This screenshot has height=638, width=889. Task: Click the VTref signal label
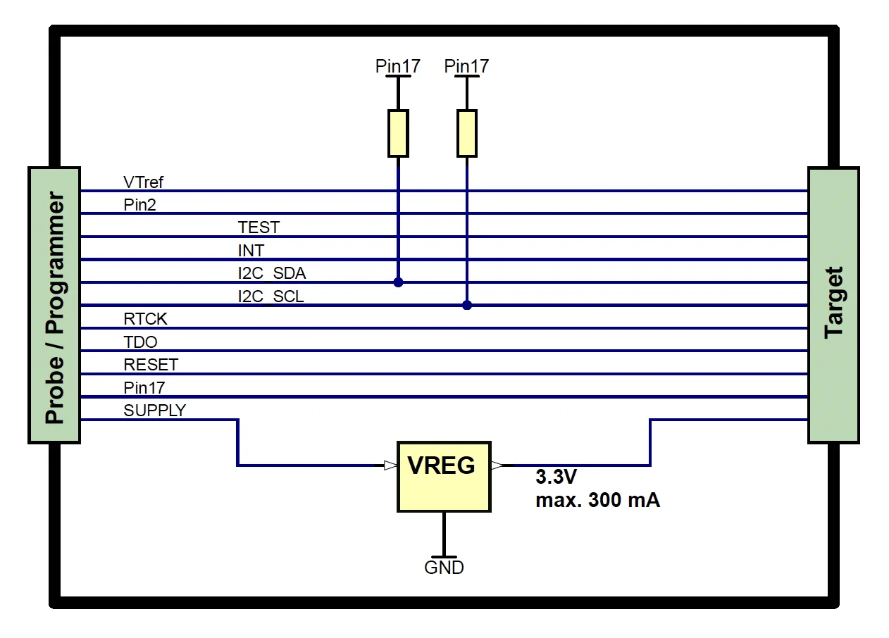143,182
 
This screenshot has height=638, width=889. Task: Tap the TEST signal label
259,227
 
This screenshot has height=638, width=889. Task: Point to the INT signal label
251,251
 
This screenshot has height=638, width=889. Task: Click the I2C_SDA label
271,273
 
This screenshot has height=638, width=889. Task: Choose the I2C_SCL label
271,296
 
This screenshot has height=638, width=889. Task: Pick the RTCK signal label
145,319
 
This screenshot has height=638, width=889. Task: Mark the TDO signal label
140,342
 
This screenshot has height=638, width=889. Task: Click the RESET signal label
151,365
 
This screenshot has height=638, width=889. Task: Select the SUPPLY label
154,411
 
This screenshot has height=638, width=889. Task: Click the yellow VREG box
443,477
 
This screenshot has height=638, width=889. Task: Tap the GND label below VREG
444,568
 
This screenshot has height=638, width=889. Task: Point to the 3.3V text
556,477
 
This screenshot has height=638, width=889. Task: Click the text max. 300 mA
597,501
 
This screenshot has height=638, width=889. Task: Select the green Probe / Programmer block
54,305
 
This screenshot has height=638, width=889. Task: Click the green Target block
833,305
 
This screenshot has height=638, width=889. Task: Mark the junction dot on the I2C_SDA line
398,282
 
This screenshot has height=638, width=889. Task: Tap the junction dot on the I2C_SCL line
467,305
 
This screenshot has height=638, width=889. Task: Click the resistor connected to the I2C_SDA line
398,133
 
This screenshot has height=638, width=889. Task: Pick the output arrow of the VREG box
497,465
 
